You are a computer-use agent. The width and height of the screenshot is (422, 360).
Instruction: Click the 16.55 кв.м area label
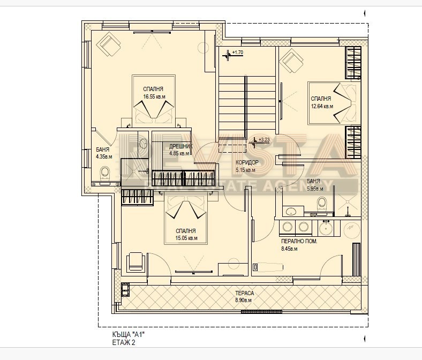tap(153, 97)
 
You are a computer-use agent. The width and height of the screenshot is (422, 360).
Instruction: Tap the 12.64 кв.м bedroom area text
tap(322, 106)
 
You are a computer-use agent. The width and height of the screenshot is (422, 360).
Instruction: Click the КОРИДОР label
tap(246, 163)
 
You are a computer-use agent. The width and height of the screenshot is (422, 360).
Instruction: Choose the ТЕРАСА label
tap(244, 294)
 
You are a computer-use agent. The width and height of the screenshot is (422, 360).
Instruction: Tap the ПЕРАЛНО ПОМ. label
tap(299, 241)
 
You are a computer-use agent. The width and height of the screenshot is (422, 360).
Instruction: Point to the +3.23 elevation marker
tap(263, 140)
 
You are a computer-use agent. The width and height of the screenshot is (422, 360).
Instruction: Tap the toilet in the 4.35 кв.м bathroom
tap(105, 173)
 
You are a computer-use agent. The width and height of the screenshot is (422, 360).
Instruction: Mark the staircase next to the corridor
tap(246, 104)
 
